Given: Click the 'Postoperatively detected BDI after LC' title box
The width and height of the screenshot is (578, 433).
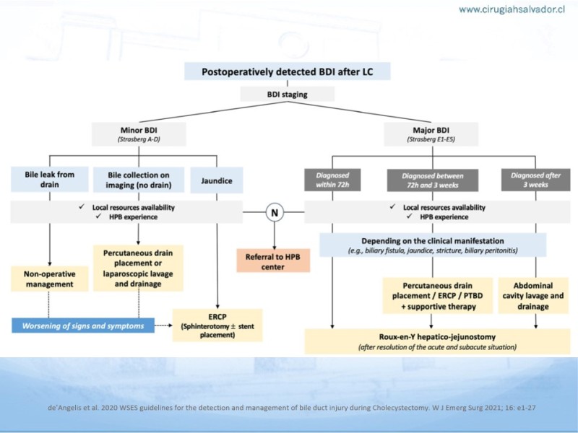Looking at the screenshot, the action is pos(287,71).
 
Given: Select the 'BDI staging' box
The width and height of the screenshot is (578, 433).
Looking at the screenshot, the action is pos(287,95).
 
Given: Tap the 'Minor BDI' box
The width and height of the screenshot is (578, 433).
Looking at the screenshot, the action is pos(139,134).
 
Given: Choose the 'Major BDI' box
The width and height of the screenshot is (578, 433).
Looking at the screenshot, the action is pos(431,134).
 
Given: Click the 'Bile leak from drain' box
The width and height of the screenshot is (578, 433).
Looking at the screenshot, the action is pos(49,179).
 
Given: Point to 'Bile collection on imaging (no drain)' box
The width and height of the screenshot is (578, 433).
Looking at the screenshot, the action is pos(139,180).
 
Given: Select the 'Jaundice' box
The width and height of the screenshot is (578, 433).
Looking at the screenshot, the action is pos(217,180).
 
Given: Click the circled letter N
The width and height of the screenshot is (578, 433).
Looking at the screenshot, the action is pos(275,212).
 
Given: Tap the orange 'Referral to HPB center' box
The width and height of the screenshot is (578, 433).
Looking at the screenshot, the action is pos(273,261).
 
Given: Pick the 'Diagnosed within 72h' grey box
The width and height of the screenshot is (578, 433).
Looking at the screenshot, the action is pos(332,180).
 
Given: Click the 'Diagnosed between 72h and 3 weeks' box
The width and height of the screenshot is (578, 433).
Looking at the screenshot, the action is pos(432,180).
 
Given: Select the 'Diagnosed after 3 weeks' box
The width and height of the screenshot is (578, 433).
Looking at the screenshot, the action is pos(535,180).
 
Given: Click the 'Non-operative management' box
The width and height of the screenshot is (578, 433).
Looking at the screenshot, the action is pos(49,279).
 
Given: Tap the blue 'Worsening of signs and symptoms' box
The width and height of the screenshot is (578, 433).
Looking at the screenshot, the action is pos(83,325).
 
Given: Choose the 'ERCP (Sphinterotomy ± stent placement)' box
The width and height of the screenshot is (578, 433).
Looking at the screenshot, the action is pos(217,325).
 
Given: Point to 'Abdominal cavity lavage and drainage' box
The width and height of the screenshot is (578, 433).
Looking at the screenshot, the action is pos(533,296).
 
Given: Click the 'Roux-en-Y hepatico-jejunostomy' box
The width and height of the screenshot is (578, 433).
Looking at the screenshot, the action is pos(437,341).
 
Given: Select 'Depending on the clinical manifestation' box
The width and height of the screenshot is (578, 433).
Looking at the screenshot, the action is pos(433,245).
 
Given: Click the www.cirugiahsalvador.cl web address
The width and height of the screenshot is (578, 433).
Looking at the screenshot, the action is pos(512,9).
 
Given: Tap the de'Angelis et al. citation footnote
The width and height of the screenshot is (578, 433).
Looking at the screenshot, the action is pos(292,408).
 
